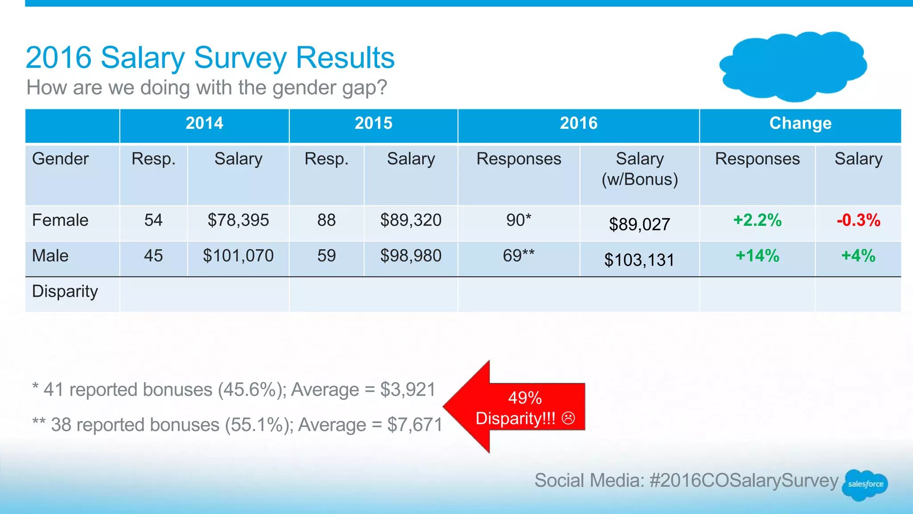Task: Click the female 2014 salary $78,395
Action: click(x=238, y=220)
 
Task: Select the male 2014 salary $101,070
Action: click(x=238, y=256)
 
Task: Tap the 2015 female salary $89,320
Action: click(x=411, y=220)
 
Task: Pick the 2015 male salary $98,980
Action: click(x=411, y=256)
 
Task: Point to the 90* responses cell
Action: click(x=518, y=220)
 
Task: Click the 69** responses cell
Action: click(x=518, y=256)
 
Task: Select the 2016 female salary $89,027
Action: click(x=639, y=224)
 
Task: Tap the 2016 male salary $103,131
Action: click(x=639, y=260)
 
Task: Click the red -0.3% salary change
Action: click(x=858, y=220)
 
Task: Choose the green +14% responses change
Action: click(x=757, y=256)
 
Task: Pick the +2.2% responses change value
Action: click(x=757, y=220)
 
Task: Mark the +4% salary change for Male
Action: click(x=858, y=256)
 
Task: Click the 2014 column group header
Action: click(x=204, y=123)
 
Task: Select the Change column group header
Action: click(x=800, y=123)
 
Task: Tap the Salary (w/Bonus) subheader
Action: click(x=639, y=169)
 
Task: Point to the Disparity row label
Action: click(x=65, y=291)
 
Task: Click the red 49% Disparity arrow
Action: click(x=517, y=407)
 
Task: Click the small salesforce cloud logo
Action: click(x=865, y=484)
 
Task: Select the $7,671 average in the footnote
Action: click(x=415, y=425)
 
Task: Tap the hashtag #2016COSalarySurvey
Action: click(x=744, y=481)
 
